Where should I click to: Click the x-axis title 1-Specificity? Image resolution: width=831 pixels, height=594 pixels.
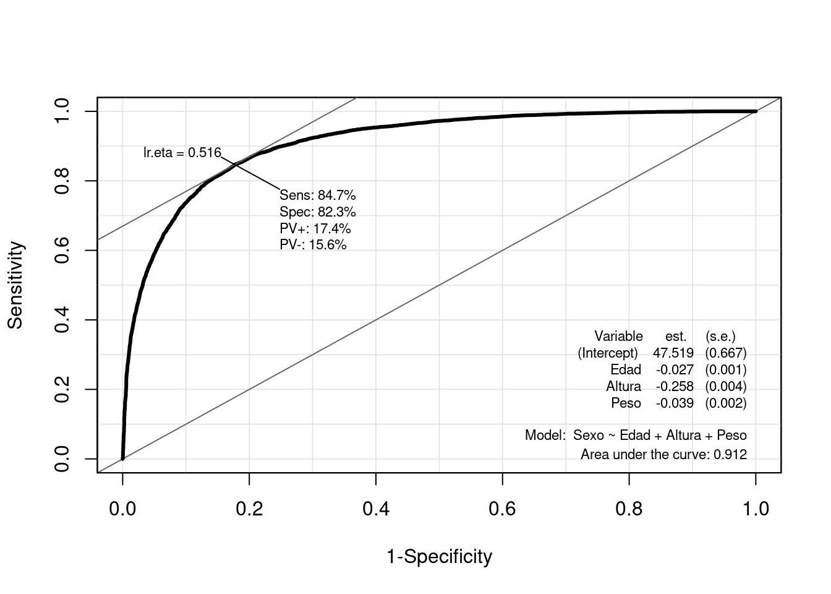click(439, 557)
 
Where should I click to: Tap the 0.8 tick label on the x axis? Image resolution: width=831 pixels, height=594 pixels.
click(629, 509)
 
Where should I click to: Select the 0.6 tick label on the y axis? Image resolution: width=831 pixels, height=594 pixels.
click(62, 251)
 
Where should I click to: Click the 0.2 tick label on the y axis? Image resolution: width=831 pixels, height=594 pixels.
click(62, 390)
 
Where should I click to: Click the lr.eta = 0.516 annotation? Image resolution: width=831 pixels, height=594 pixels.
click(182, 152)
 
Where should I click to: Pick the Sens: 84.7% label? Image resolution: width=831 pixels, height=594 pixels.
click(318, 196)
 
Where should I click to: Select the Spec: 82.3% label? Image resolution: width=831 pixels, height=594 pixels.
click(318, 212)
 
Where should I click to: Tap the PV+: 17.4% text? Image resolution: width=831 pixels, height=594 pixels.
click(315, 229)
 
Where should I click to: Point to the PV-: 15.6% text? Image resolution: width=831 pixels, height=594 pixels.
click(313, 245)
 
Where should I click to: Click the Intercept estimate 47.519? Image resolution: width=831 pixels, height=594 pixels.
click(673, 353)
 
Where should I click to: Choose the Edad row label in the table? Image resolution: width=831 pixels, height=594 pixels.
click(625, 370)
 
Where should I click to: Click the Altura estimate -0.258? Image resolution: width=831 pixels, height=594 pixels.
click(675, 387)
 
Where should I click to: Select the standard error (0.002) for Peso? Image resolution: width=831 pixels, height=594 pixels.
click(726, 403)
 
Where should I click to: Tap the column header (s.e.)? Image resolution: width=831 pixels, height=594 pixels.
click(720, 337)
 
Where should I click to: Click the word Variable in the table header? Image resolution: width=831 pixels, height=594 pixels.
click(618, 337)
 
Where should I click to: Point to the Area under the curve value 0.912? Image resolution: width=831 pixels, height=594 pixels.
click(730, 455)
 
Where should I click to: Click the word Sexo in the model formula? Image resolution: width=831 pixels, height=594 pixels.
click(588, 436)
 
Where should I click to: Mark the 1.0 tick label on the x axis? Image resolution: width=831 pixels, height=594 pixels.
click(756, 509)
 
